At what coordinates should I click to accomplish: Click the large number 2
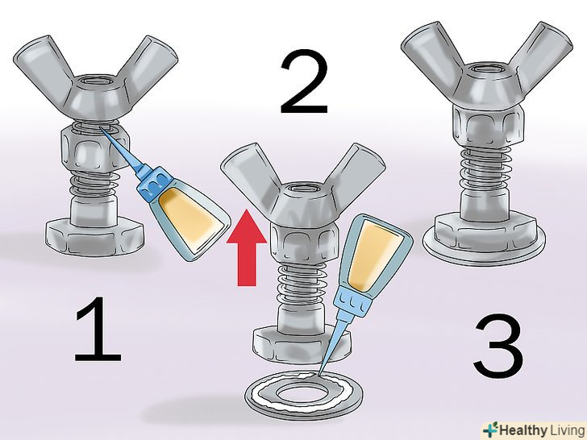(304, 81)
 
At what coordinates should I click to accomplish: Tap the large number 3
(498, 346)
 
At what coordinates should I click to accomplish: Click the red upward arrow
(247, 247)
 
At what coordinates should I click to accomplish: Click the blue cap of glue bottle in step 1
(153, 183)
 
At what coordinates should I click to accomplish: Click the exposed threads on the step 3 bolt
(485, 168)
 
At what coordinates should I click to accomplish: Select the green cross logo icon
(491, 430)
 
